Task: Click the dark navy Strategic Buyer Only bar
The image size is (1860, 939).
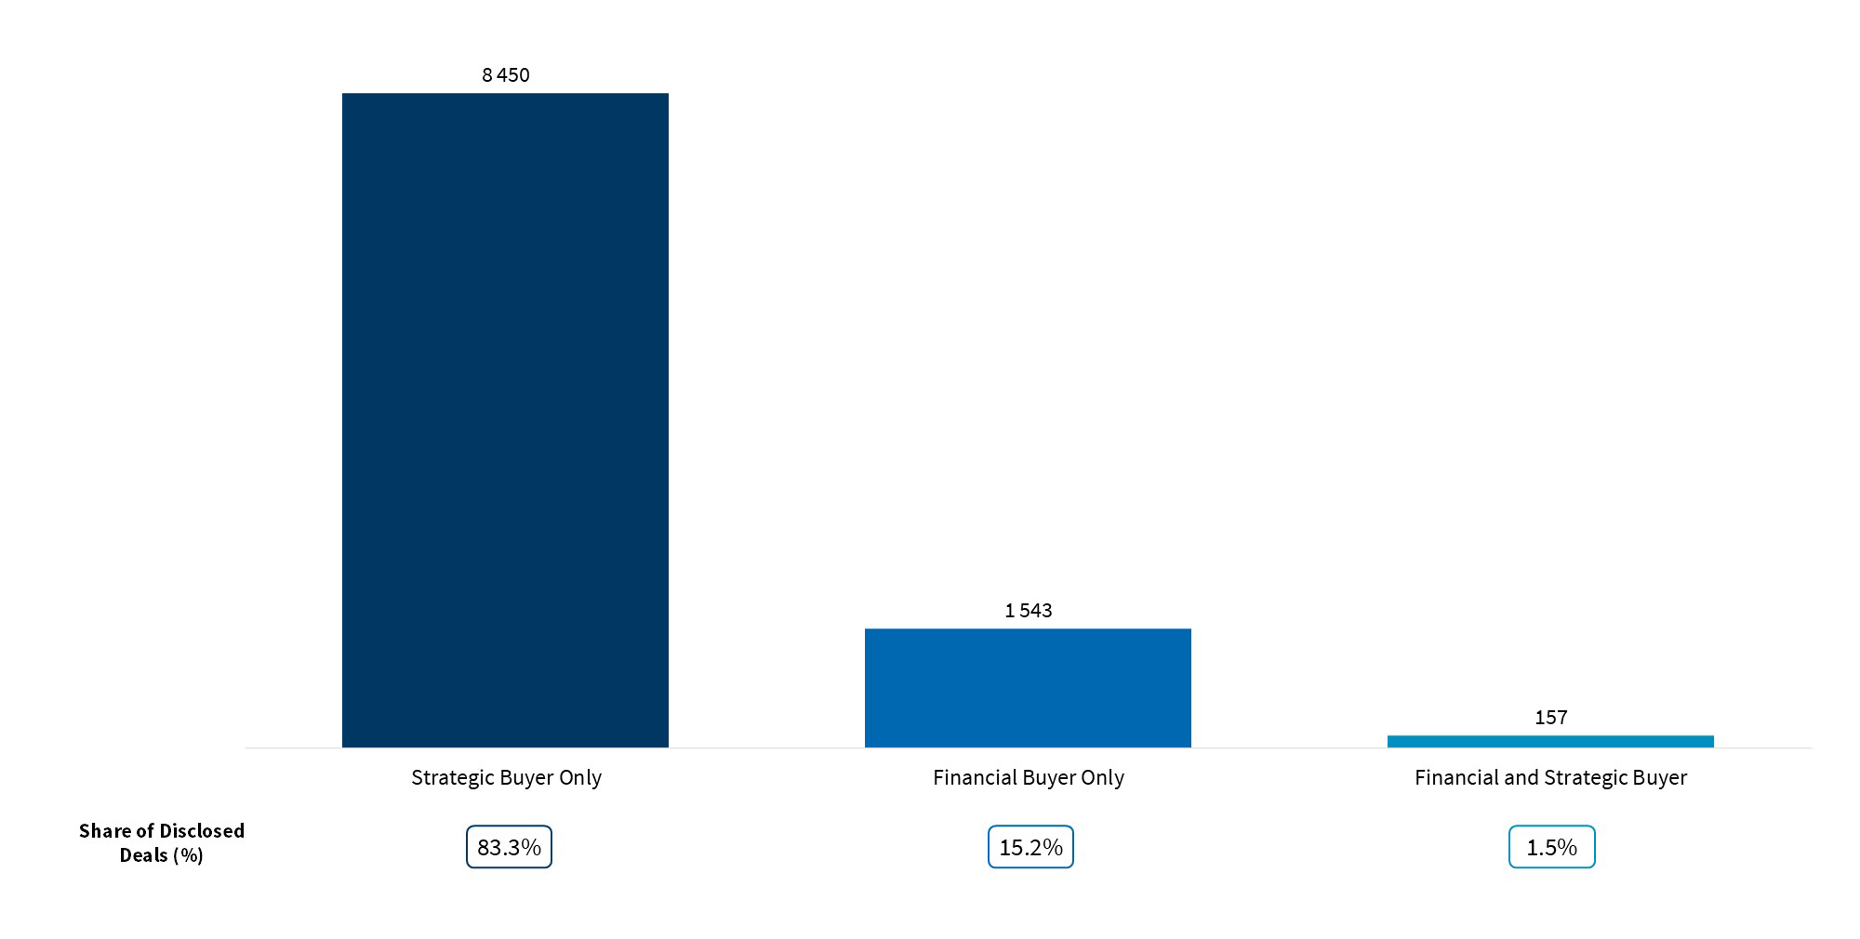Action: (505, 419)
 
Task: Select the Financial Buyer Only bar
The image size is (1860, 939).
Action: (1028, 688)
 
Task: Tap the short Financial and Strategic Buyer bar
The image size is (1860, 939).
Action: (1550, 741)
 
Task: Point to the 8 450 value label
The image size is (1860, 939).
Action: (506, 75)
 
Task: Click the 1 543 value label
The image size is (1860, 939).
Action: (1029, 611)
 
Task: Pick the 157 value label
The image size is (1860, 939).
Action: (1551, 718)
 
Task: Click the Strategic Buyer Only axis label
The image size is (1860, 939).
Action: (506, 777)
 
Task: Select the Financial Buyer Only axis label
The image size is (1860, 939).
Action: (1029, 777)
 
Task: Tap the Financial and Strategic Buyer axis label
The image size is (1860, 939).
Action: (1550, 777)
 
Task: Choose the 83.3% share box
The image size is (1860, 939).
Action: (509, 847)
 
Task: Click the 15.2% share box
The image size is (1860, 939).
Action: (1030, 847)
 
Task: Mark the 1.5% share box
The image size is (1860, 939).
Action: (1551, 847)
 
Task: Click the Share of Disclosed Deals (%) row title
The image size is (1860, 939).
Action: (161, 842)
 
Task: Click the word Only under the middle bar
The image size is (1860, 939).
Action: (1103, 777)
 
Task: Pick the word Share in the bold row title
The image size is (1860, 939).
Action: (104, 831)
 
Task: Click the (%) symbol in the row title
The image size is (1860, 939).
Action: (188, 855)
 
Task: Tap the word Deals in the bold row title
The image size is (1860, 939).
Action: (143, 855)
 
